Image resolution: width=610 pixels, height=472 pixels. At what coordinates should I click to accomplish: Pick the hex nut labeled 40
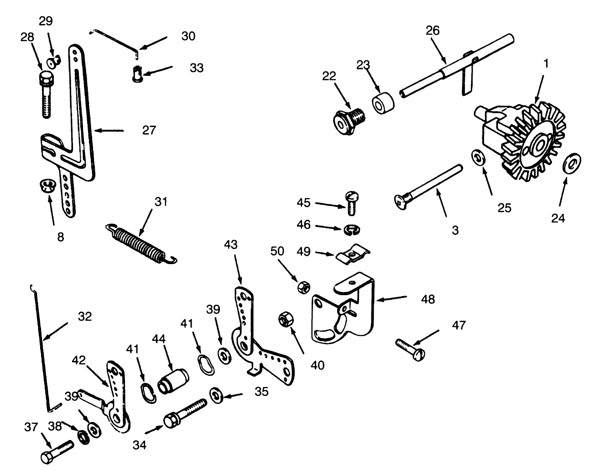tap(286, 319)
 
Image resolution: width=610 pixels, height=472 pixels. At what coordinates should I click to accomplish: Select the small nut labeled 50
tap(303, 287)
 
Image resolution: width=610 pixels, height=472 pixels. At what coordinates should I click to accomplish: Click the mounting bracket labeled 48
tap(342, 311)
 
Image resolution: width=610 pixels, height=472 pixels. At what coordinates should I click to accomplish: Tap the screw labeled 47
tap(411, 350)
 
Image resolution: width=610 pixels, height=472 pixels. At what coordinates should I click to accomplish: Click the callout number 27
tap(149, 130)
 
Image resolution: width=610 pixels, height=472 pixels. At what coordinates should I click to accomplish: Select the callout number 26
tap(433, 31)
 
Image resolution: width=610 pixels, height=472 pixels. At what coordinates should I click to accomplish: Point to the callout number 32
tap(85, 317)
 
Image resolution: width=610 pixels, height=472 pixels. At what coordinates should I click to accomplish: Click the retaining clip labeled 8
tap(45, 186)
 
